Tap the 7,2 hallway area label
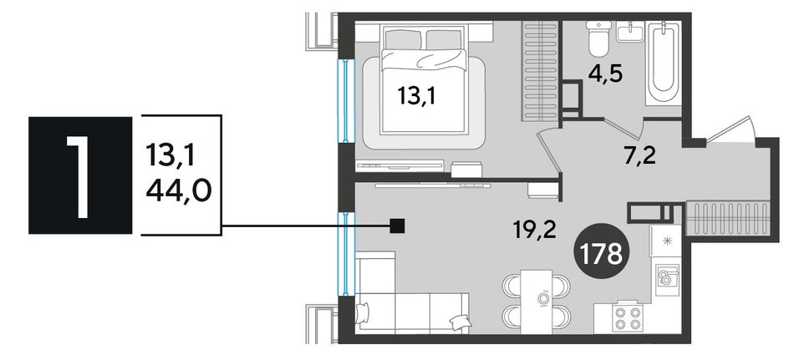pos(639,156)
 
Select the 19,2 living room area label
pos(533,230)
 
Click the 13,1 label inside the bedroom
pos(417,95)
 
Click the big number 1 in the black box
pos(79,175)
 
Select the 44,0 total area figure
pos(178,192)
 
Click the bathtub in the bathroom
pos(664,63)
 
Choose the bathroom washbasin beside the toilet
pos(630,32)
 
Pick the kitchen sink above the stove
pos(664,280)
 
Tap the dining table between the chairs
pos(537,302)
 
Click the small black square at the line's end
pos(398,226)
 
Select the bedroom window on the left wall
pos(345,101)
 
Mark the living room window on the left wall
pos(345,254)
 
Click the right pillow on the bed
pos(444,39)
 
